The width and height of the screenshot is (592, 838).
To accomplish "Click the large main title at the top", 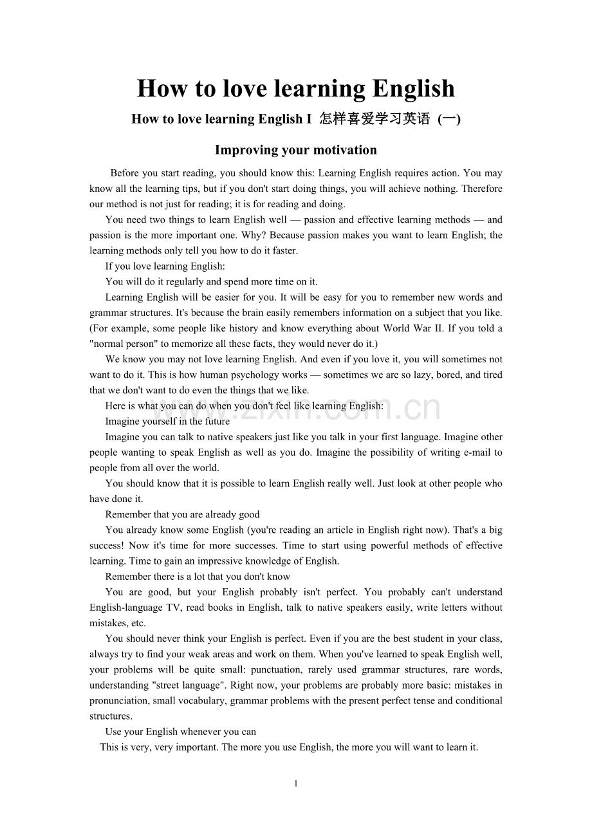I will [x=296, y=89].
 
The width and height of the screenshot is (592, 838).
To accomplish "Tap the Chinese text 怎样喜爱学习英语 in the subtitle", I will [x=375, y=119].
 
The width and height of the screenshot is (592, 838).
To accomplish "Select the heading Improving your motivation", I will [x=296, y=150].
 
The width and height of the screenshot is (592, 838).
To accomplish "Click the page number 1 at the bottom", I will [x=296, y=783].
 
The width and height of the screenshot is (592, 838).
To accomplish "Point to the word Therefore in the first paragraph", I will [x=482, y=189].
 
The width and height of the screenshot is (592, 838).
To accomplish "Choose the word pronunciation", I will [x=119, y=700].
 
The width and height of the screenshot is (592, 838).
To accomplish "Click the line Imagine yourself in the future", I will [x=167, y=422].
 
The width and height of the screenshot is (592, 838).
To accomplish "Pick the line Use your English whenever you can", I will [x=181, y=732].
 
